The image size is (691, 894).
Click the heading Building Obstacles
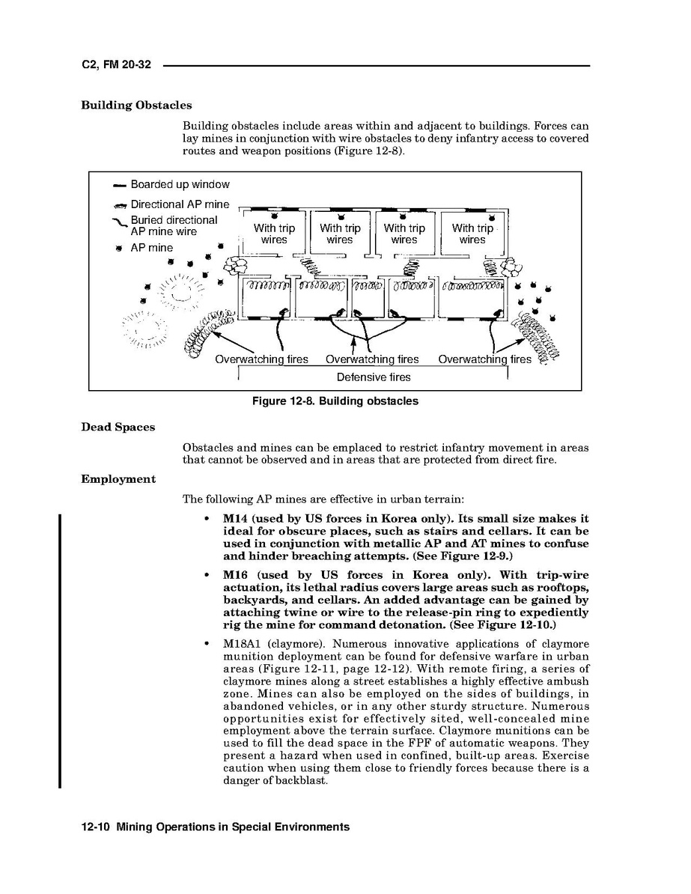[136, 106]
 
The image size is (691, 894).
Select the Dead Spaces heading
[118, 428]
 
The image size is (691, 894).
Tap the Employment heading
[118, 479]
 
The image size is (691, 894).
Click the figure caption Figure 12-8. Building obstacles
[335, 401]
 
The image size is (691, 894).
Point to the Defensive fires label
[373, 377]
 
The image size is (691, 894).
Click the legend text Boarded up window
[180, 185]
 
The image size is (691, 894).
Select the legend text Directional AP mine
[180, 204]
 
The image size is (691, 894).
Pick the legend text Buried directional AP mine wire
[174, 226]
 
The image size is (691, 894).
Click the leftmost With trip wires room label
[274, 234]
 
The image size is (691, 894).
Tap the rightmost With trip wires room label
[472, 234]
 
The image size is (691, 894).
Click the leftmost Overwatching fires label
[261, 359]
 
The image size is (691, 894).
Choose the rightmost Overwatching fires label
[484, 359]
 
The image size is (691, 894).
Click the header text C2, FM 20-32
[116, 65]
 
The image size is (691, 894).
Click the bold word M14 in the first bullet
[237, 519]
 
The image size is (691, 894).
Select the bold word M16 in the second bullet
[237, 575]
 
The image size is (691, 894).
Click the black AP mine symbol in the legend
[119, 249]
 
